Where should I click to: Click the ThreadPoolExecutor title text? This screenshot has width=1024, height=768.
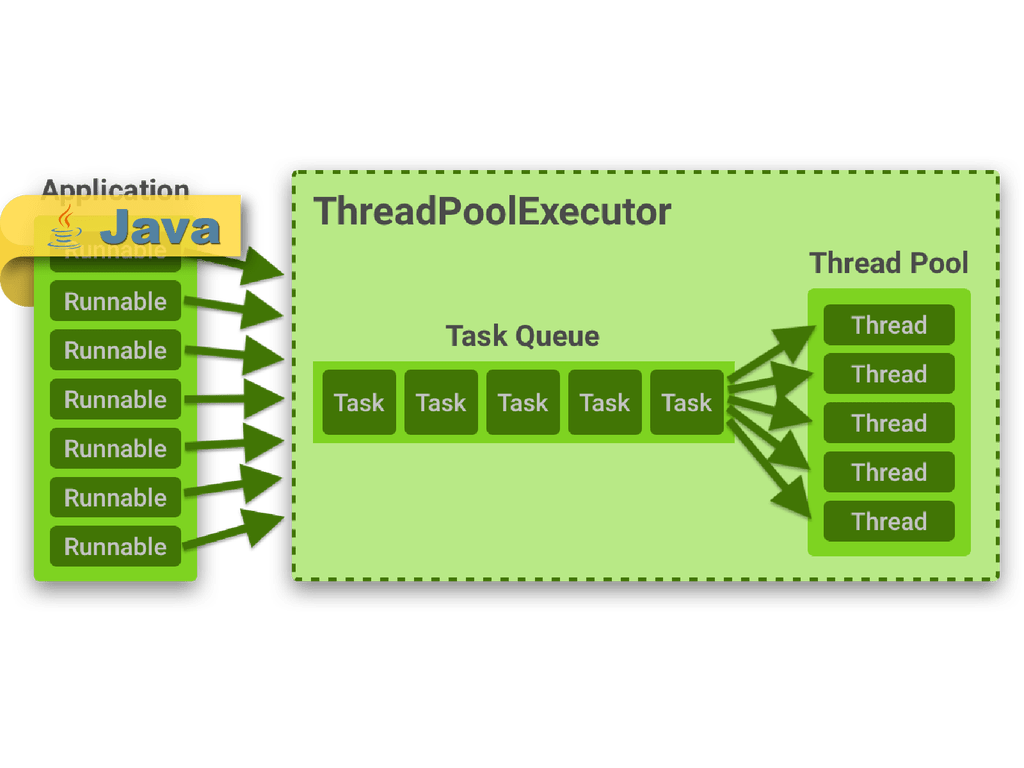click(x=492, y=212)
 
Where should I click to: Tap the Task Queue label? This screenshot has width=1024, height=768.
click(x=522, y=336)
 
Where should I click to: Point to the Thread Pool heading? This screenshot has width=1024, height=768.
click(x=889, y=263)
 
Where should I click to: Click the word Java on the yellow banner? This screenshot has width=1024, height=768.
click(x=160, y=229)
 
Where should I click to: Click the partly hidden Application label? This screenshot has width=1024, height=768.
click(x=114, y=188)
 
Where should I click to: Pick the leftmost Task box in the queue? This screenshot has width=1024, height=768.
click(x=359, y=402)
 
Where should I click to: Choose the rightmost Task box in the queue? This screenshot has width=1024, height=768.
click(x=686, y=402)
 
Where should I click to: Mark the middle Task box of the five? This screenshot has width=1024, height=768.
click(x=523, y=402)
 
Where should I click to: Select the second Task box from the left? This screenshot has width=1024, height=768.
click(x=441, y=402)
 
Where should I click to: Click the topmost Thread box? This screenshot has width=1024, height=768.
click(x=889, y=325)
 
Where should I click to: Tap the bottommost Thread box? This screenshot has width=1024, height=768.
click(x=889, y=521)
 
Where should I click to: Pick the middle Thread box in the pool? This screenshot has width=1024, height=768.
click(x=889, y=423)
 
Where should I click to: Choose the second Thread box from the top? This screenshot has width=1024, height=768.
click(x=889, y=374)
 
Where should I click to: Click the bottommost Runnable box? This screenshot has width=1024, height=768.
click(x=115, y=546)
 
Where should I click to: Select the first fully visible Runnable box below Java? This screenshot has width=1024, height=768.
click(x=115, y=301)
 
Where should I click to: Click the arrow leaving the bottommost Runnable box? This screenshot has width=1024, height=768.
click(x=236, y=531)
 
